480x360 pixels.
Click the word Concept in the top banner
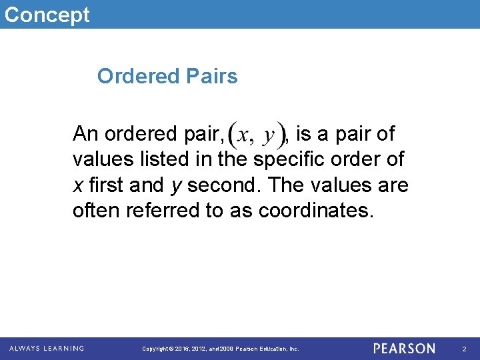[47, 15]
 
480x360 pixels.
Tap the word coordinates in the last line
[317, 211]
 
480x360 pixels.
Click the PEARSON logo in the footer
[404, 348]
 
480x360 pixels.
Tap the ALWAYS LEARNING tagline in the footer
[47, 348]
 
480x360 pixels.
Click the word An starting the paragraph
[85, 135]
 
